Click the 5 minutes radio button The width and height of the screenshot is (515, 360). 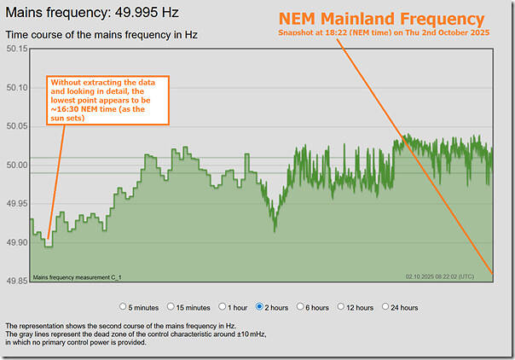pos(124,306)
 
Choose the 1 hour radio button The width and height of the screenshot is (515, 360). pos(223,306)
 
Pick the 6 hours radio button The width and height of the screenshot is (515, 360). pos(302,306)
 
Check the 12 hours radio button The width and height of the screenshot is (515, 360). pos(342,306)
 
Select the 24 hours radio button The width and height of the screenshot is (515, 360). pos(387,306)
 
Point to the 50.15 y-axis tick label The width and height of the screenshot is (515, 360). pos(17,49)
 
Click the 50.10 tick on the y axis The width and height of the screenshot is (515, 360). pos(17,87)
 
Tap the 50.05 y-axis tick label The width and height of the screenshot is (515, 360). pos(17,126)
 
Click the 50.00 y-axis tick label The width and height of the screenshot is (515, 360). pos(17,165)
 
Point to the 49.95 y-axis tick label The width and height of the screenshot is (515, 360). pos(17,204)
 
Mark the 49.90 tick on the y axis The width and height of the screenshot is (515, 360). pos(17,242)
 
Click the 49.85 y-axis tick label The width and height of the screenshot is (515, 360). pos(17,282)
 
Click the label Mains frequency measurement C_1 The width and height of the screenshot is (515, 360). pos(77,276)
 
